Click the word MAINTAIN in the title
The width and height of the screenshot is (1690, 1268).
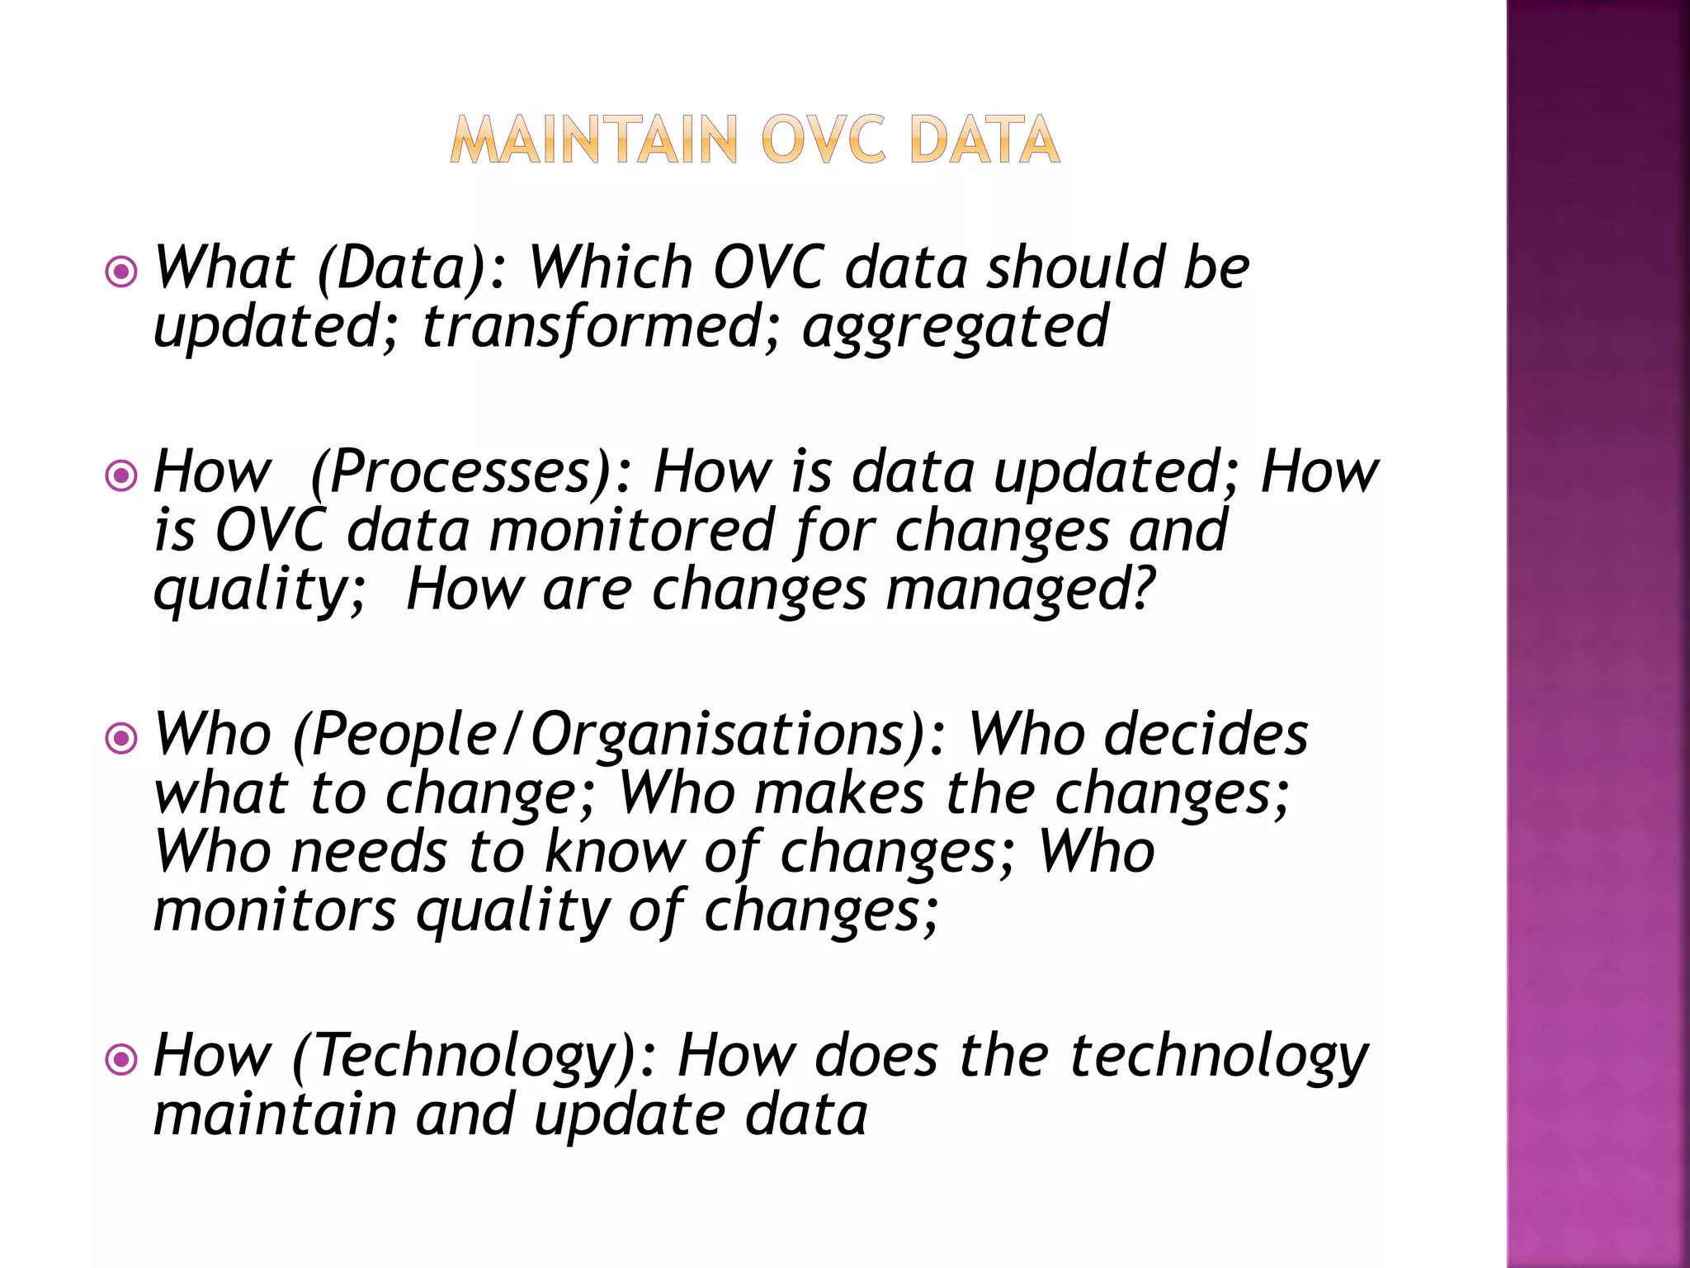[594, 140]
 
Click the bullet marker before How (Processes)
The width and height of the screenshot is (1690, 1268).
[121, 475]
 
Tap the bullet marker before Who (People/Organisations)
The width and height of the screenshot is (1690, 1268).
[121, 737]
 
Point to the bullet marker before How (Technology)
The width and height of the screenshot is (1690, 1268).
[121, 1059]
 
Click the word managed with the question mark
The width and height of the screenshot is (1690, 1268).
[1020, 591]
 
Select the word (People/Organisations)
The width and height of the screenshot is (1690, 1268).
[620, 735]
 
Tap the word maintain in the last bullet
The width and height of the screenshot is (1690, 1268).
[275, 1114]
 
